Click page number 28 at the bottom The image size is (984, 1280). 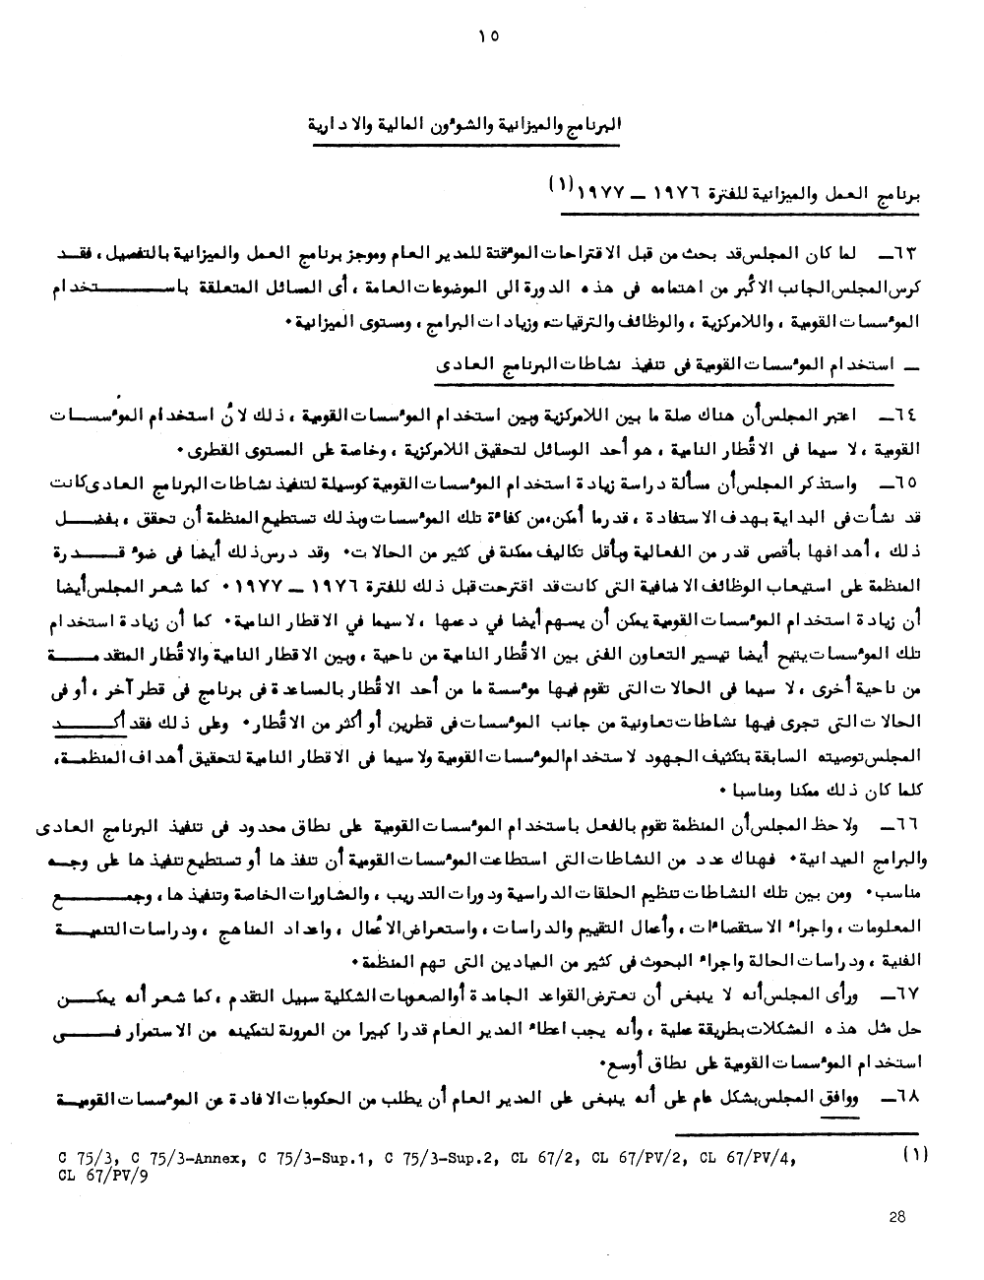click(x=896, y=1217)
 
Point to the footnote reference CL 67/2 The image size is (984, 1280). click(x=539, y=1159)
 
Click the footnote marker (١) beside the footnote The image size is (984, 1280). click(x=914, y=1157)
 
